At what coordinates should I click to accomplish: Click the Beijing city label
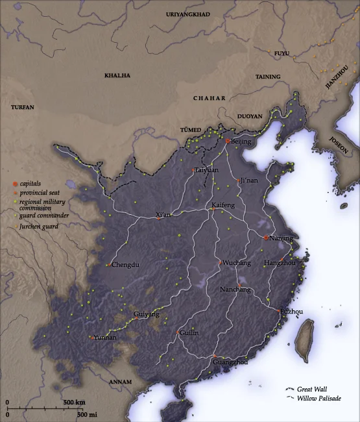[x=242, y=141]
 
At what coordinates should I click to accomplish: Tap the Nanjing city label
[x=281, y=238]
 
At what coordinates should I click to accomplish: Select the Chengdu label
[x=125, y=265]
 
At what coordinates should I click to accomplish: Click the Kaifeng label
[x=223, y=205]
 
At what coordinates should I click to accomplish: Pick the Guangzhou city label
[x=230, y=362]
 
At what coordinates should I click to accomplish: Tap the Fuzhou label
[x=291, y=312]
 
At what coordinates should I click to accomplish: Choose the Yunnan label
[x=105, y=338]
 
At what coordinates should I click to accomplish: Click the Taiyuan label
[x=206, y=170]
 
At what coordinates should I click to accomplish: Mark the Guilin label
[x=189, y=332]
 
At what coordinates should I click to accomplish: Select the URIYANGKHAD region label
[x=188, y=14]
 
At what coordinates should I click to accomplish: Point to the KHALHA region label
[x=117, y=75]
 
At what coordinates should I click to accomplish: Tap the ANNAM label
[x=121, y=381]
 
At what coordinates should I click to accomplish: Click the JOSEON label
[x=338, y=145]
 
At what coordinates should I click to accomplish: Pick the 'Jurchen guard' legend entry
[x=38, y=227]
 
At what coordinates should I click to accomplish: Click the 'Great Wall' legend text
[x=311, y=388]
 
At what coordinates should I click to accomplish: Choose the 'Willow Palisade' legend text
[x=319, y=398]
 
